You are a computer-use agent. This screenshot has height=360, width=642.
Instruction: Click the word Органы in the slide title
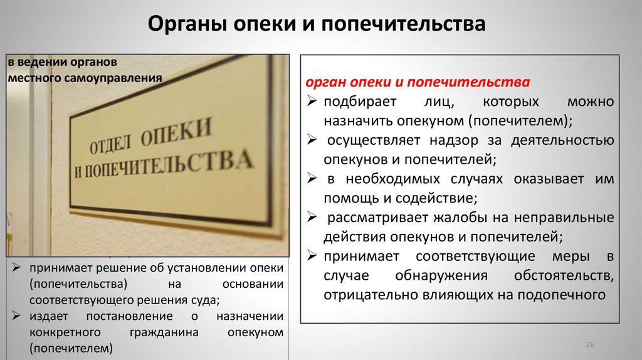tap(186, 25)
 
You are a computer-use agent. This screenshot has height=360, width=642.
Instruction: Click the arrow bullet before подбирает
tap(312, 102)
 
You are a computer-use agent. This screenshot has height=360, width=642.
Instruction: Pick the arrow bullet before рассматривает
tap(312, 218)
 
